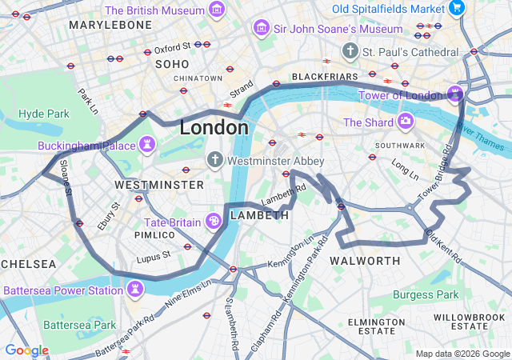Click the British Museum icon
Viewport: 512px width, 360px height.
pos(216,10)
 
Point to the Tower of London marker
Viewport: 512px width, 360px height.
pos(454,95)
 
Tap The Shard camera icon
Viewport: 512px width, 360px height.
pos(406,122)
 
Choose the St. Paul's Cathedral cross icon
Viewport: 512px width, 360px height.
pos(350,52)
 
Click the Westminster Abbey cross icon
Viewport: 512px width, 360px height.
pos(214,160)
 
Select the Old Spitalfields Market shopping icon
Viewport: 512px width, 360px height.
pos(457,9)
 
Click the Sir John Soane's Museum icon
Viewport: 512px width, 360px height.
pos(260,29)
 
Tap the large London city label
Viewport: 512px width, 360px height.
pos(214,127)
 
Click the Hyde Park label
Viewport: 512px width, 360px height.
pos(44,114)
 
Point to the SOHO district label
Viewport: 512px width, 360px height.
pos(172,63)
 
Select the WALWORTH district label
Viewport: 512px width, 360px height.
pos(364,262)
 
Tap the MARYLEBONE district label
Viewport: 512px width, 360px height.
pos(110,25)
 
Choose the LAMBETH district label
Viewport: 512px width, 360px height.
pos(259,216)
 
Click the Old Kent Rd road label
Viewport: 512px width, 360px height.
pos(442,246)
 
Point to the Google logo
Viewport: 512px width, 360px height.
pos(26,350)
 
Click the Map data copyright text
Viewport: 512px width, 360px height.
pos(462,354)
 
